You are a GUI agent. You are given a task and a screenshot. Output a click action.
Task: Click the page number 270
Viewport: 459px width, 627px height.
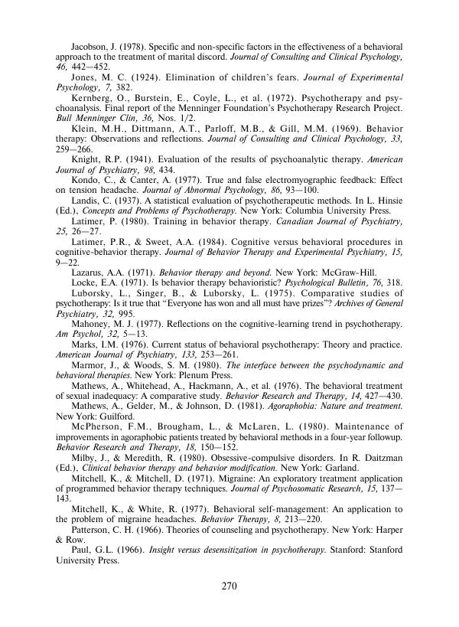point(229,587)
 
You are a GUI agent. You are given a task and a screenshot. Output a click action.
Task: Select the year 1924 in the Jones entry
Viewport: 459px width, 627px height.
point(148,77)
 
